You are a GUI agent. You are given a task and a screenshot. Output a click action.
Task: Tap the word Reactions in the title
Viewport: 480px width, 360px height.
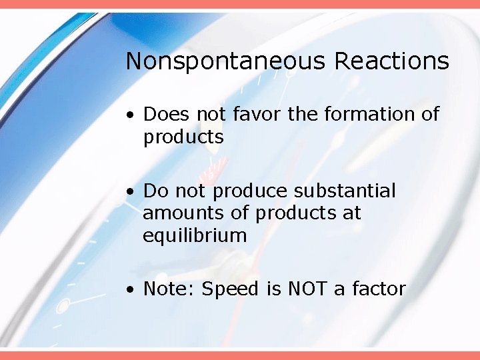(391, 61)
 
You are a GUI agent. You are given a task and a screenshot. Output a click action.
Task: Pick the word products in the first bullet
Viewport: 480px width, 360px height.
(183, 137)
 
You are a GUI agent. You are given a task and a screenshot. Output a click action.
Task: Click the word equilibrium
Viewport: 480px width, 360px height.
(195, 236)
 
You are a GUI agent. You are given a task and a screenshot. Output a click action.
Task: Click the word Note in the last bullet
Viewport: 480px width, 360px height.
(169, 289)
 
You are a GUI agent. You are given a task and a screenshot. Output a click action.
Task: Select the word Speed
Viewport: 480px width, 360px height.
(233, 289)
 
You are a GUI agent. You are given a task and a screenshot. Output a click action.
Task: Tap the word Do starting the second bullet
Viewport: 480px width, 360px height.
(156, 191)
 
